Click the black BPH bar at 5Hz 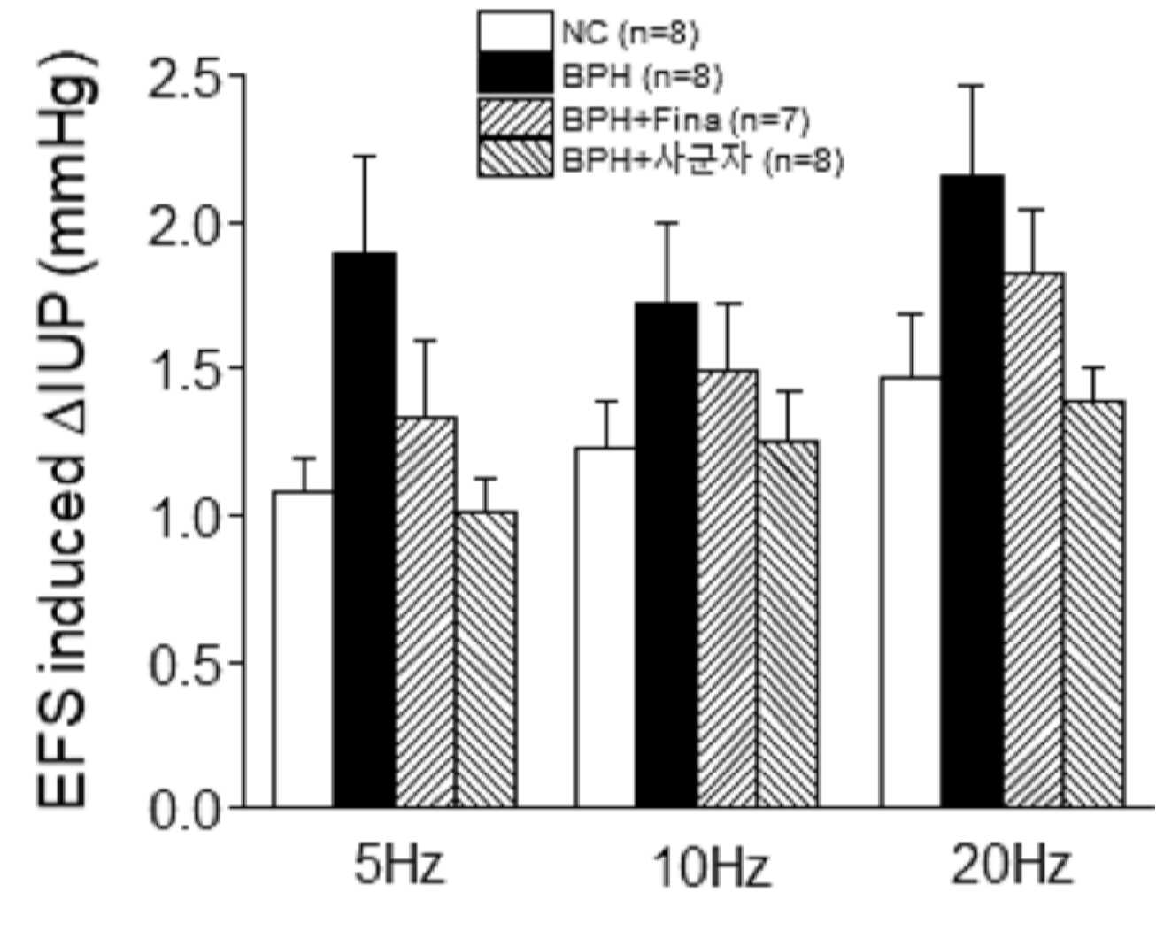click(365, 529)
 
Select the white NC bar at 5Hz click(303, 649)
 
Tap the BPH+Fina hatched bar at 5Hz click(427, 612)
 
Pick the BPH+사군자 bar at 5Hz click(487, 659)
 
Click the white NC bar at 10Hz click(605, 627)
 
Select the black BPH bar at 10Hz click(667, 554)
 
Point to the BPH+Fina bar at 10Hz click(728, 589)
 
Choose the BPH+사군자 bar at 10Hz click(788, 624)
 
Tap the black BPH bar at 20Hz click(972, 490)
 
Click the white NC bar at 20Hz click(911, 592)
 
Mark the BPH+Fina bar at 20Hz click(1034, 540)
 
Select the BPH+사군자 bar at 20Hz click(1094, 604)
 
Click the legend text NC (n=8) click(630, 34)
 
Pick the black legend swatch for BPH click(515, 73)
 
